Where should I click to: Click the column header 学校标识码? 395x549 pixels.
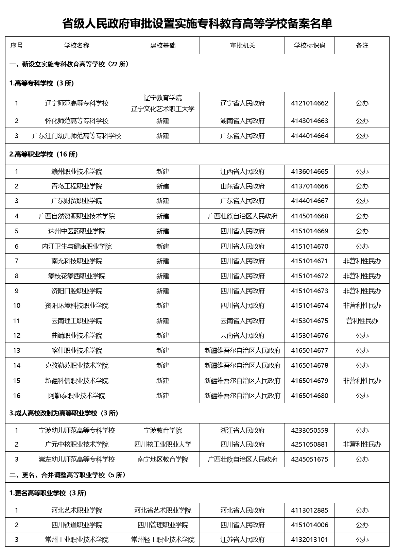309,46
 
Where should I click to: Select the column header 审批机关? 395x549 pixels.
242,46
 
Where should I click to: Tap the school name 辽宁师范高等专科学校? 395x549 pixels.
76,103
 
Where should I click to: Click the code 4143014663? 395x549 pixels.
309,121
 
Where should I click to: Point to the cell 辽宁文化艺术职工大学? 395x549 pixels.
162,109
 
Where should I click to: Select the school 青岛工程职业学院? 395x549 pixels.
76,186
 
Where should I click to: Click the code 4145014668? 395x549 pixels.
309,216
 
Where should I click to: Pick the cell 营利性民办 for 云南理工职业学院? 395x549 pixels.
362,321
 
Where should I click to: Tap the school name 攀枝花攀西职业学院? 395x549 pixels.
76,276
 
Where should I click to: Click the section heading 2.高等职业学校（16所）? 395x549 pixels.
44,154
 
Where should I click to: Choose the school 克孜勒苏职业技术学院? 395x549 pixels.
76,365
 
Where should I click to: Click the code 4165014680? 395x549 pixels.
309,396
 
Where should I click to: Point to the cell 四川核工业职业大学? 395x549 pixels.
162,444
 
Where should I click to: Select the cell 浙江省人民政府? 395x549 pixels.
242,430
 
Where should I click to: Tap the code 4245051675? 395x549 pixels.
309,459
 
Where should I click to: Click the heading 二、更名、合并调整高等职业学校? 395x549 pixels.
68,475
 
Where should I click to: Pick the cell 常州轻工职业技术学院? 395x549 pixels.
162,539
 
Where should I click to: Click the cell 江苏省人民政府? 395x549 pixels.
242,539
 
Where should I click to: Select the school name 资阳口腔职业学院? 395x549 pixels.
76,291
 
